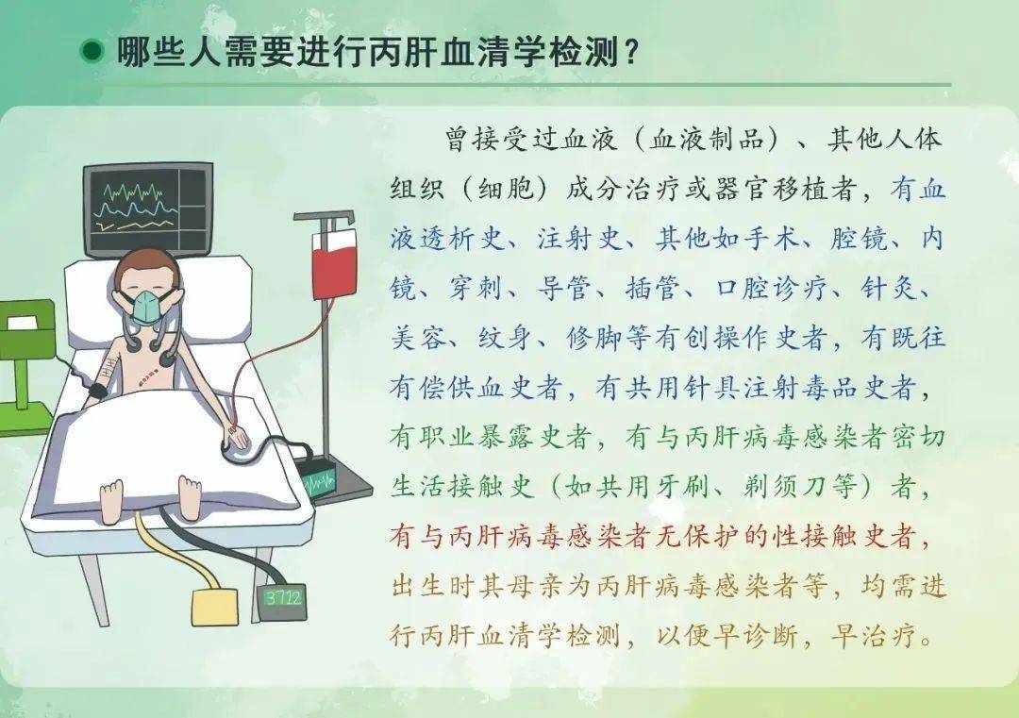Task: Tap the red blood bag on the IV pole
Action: (332, 260)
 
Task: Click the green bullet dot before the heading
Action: (92, 51)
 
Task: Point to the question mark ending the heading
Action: (632, 51)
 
